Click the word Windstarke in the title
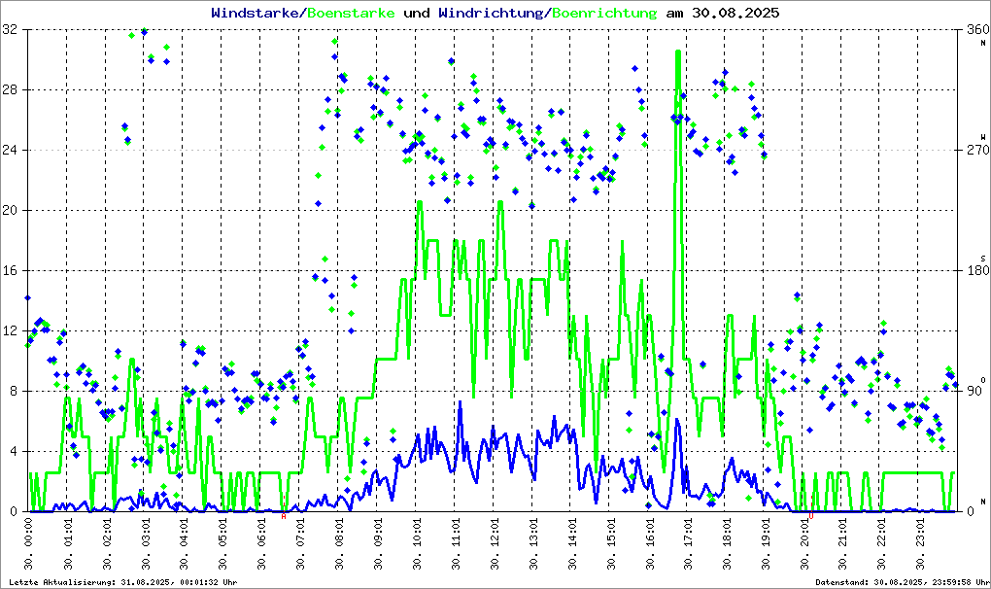256,14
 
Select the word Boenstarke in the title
350,14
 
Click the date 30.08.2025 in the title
735,14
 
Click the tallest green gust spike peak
678,52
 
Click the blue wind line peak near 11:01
460,402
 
